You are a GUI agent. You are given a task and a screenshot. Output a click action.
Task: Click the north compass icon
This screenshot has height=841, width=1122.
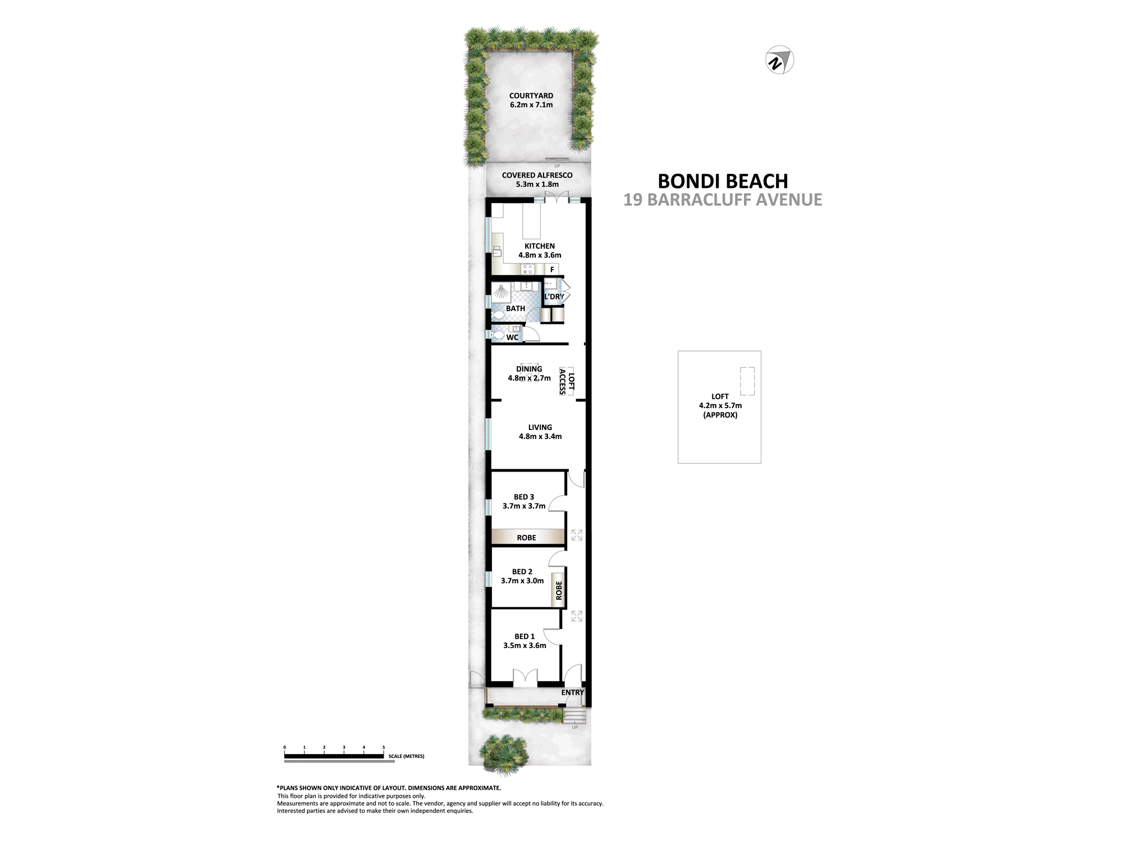point(780,60)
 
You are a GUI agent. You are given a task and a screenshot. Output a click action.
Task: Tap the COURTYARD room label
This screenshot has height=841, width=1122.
point(531,96)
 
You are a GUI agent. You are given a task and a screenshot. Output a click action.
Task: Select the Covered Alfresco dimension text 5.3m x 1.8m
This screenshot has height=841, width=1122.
point(537,184)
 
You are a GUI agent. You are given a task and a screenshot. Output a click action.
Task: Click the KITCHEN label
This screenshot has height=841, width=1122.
point(540,246)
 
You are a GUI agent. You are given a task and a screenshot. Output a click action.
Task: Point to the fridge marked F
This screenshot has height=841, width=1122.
point(553,270)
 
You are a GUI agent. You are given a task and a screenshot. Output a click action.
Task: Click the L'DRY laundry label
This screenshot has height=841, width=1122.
point(554,297)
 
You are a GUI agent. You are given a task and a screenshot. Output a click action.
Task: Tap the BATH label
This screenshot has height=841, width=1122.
point(516,308)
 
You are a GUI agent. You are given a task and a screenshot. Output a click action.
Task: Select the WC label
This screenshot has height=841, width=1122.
point(512,338)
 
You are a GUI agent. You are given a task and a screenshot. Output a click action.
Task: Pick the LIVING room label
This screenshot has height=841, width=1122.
point(540,427)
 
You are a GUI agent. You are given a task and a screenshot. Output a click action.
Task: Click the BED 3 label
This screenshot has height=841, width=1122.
point(524,497)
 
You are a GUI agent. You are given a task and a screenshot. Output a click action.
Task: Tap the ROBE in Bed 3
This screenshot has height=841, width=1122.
point(526,538)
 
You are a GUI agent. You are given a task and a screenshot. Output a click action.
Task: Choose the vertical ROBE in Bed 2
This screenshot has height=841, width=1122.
point(559,590)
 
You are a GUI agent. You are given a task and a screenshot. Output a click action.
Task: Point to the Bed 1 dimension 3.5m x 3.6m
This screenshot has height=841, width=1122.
point(525,645)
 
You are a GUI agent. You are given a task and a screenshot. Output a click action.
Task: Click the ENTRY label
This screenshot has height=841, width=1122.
point(573,692)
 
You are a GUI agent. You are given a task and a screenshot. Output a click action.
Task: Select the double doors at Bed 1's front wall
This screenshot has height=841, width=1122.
point(525,677)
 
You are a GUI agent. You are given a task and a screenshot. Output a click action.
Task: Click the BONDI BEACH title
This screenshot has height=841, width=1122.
point(723,181)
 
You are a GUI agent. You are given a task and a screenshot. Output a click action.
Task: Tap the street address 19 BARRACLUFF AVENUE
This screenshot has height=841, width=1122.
point(723,200)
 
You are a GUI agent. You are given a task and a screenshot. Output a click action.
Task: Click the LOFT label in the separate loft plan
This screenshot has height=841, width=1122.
point(720,396)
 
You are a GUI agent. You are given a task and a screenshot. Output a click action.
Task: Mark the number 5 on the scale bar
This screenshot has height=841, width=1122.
point(384,747)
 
